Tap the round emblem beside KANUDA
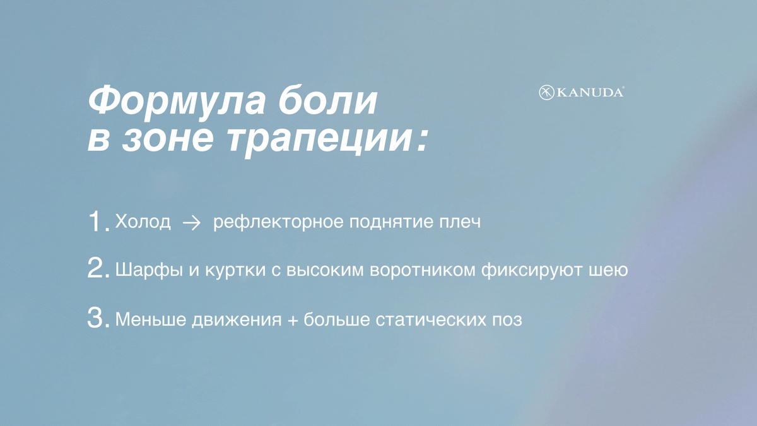coord(546,93)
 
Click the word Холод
coord(143,223)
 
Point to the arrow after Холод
coord(191,223)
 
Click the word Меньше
coord(146,319)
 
